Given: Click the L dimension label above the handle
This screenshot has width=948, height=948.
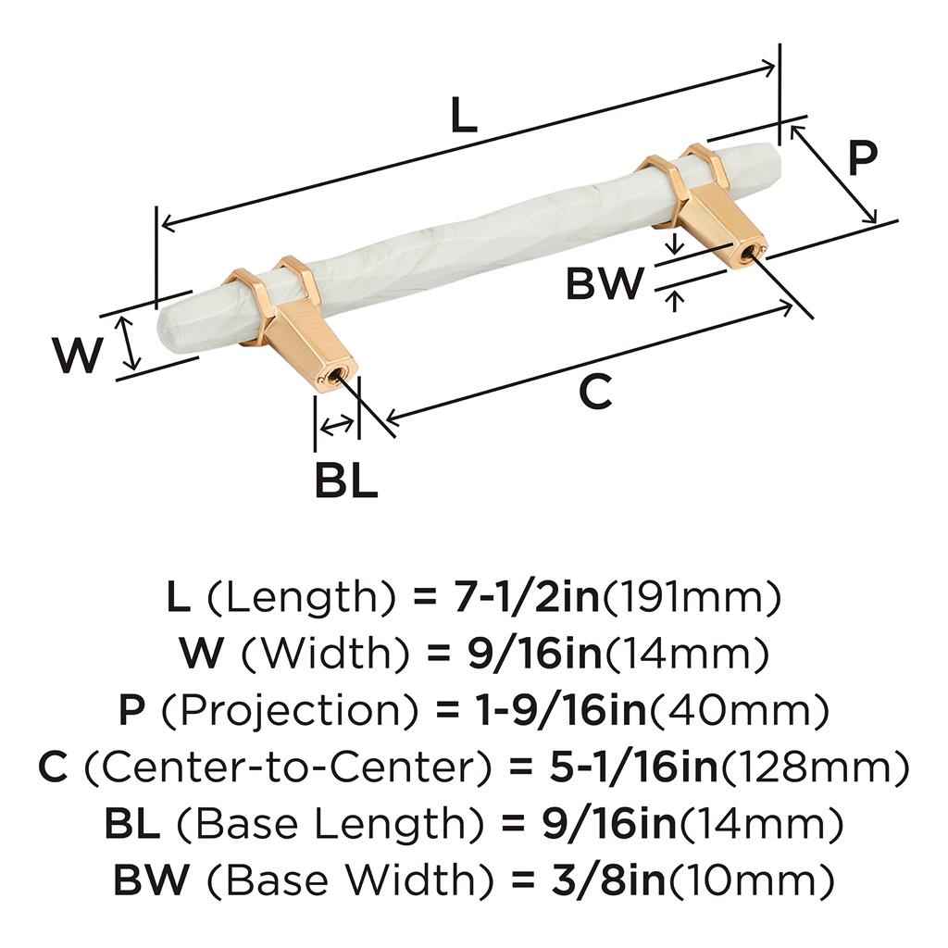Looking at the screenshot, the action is click(465, 116).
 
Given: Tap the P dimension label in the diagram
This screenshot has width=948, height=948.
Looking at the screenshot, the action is click(862, 157).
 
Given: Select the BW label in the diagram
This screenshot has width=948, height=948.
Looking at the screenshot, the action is click(605, 283).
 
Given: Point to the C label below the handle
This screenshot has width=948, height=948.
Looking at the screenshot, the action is click(595, 392).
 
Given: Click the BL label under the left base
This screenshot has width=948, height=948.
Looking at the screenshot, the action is click(346, 480).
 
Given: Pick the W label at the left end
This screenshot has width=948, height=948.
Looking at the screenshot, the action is click(77, 355).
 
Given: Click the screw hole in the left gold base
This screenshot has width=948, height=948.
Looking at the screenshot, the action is click(331, 379).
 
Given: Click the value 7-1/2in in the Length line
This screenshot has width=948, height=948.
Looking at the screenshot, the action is click(526, 597).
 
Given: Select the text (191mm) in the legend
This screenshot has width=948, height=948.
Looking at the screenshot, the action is click(692, 597).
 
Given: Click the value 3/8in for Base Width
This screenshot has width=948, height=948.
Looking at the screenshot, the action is click(608, 879).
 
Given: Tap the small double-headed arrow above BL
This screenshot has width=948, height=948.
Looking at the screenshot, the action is click(337, 425).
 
